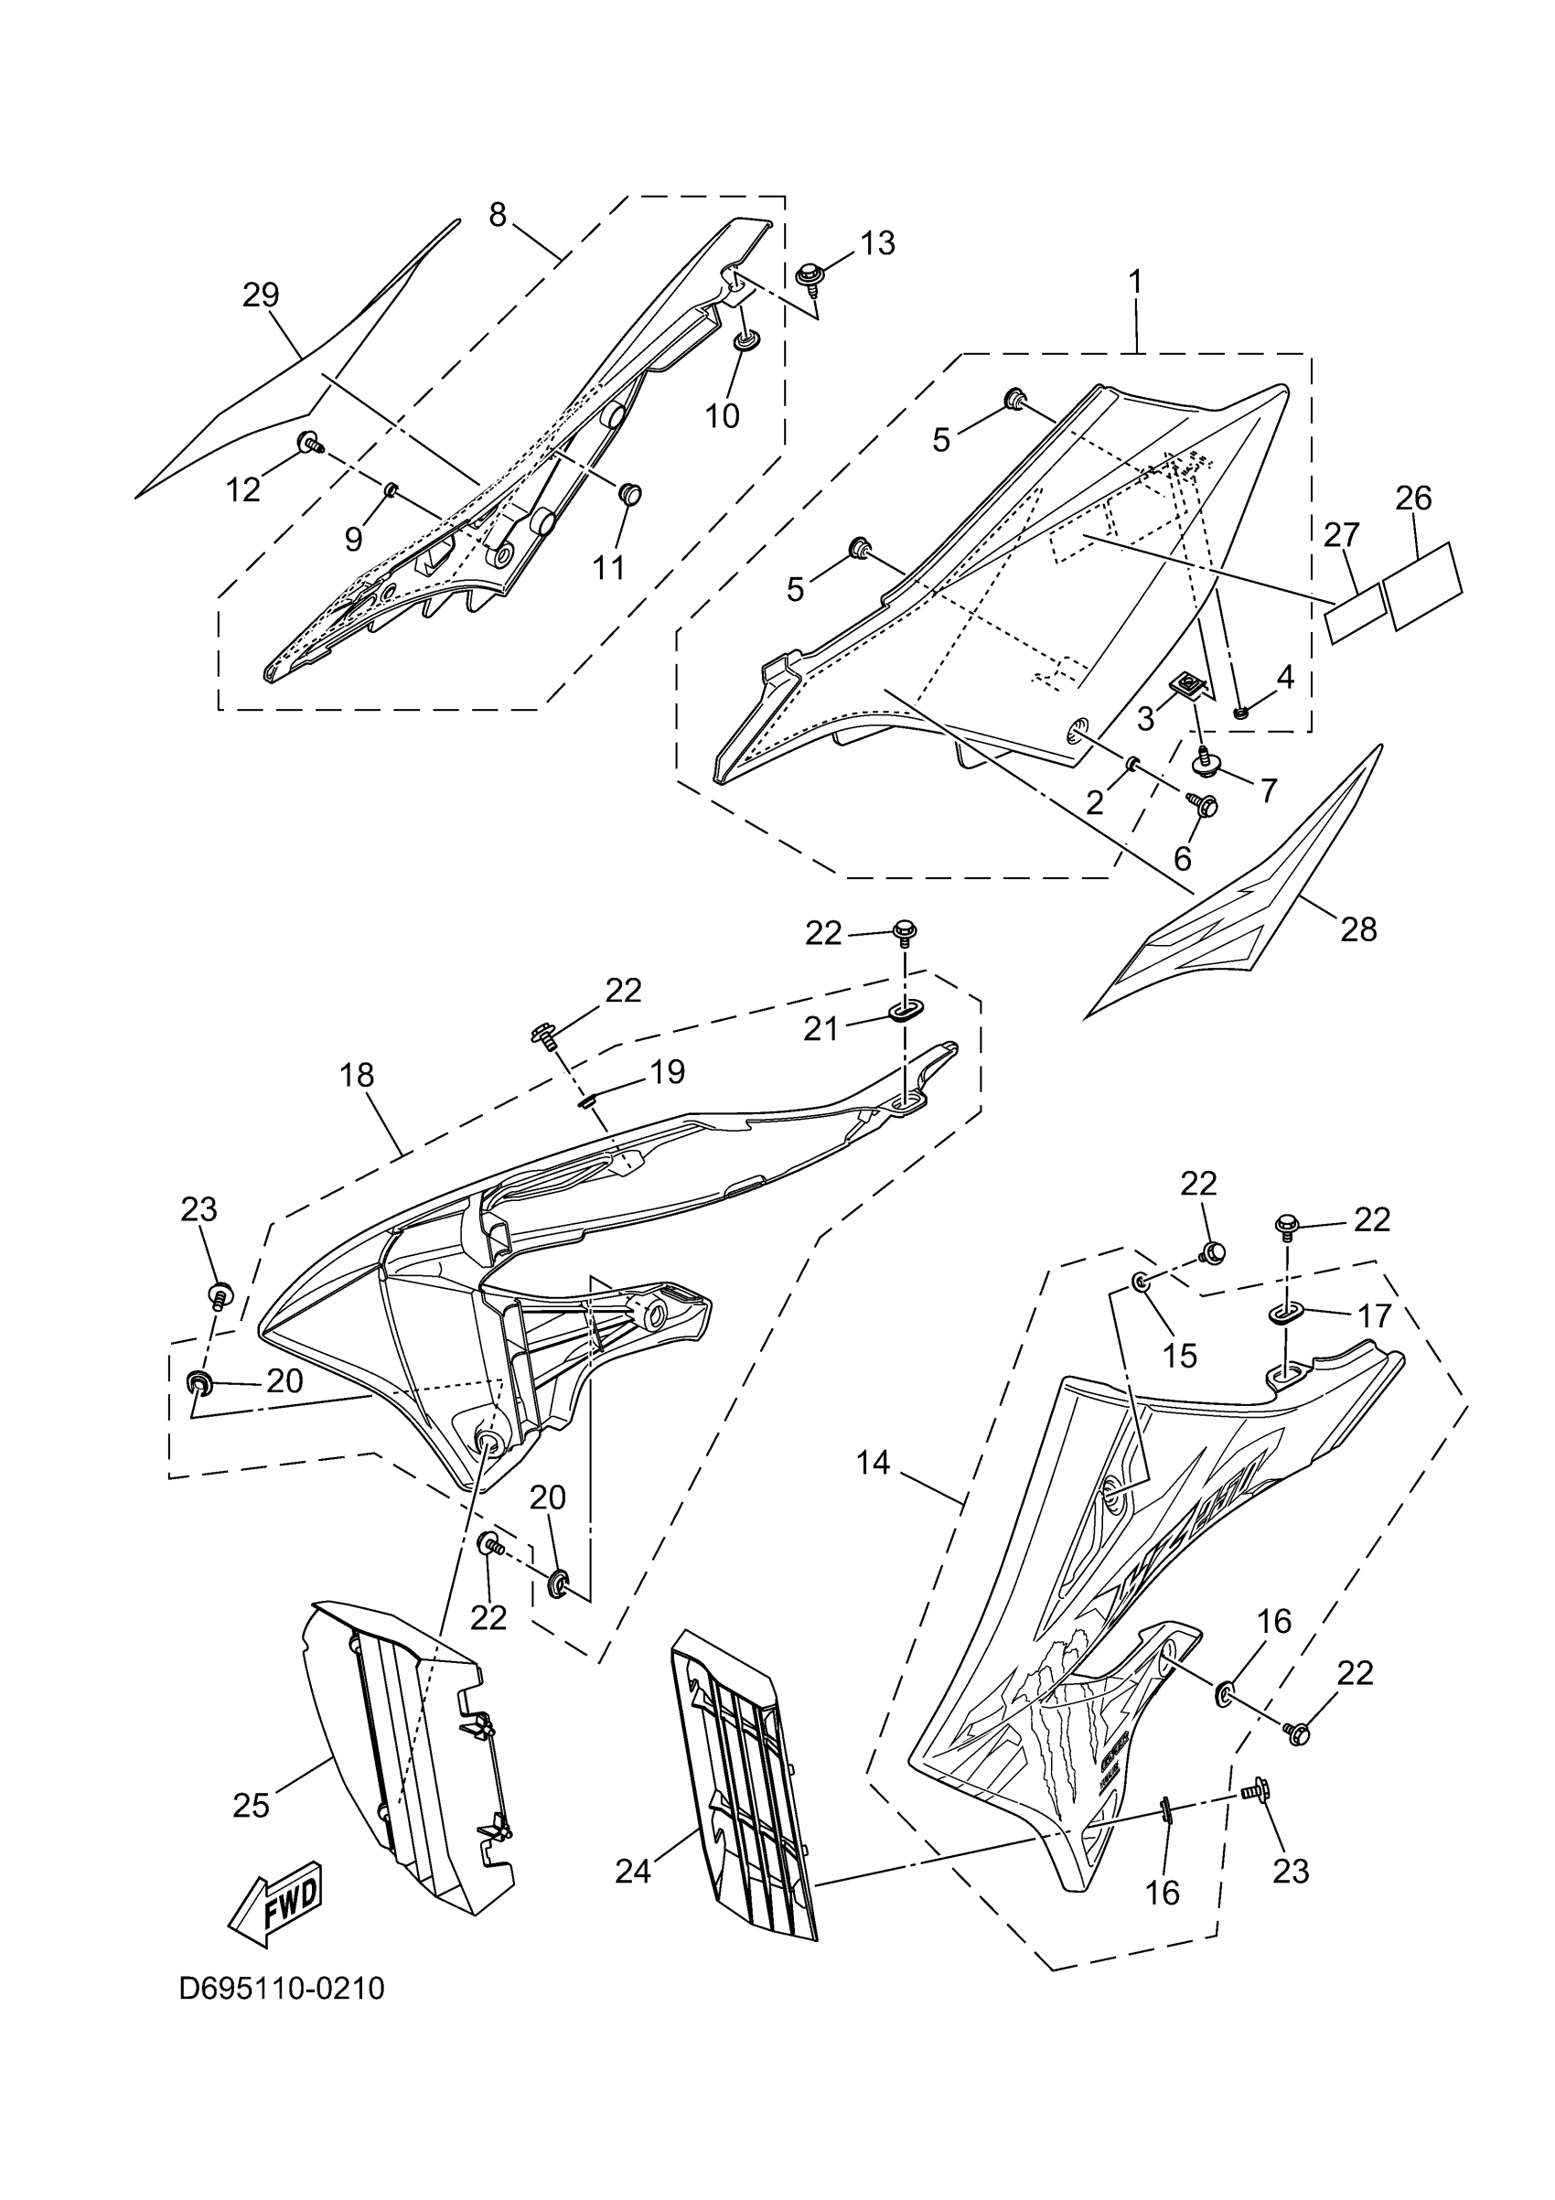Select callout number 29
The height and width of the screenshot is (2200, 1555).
pyautogui.click(x=261, y=295)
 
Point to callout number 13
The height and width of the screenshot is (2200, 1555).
pyautogui.click(x=876, y=243)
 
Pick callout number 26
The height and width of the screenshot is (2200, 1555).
pyautogui.click(x=1413, y=499)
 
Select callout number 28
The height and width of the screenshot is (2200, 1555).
pyautogui.click(x=1357, y=928)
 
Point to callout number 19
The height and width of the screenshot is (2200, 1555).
pyautogui.click(x=667, y=1071)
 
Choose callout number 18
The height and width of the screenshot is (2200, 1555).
pyautogui.click(x=357, y=1076)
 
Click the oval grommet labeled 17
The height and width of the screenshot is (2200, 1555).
pyautogui.click(x=1287, y=1314)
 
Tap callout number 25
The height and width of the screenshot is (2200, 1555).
pyautogui.click(x=251, y=1805)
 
